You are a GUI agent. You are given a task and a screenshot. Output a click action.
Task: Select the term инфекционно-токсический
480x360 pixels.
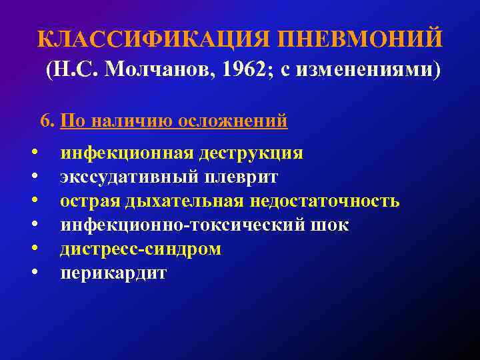pyautogui.click(x=183, y=225)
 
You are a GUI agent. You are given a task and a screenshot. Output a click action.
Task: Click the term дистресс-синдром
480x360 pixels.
pyautogui.click(x=141, y=249)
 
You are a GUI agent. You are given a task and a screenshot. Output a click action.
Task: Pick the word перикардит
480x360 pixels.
pyautogui.click(x=113, y=273)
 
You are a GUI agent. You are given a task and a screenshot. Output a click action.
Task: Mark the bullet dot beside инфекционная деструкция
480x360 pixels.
pyautogui.click(x=33, y=152)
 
